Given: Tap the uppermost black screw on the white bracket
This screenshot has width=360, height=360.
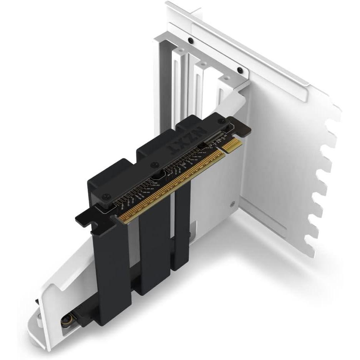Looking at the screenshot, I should (x=190, y=40).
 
